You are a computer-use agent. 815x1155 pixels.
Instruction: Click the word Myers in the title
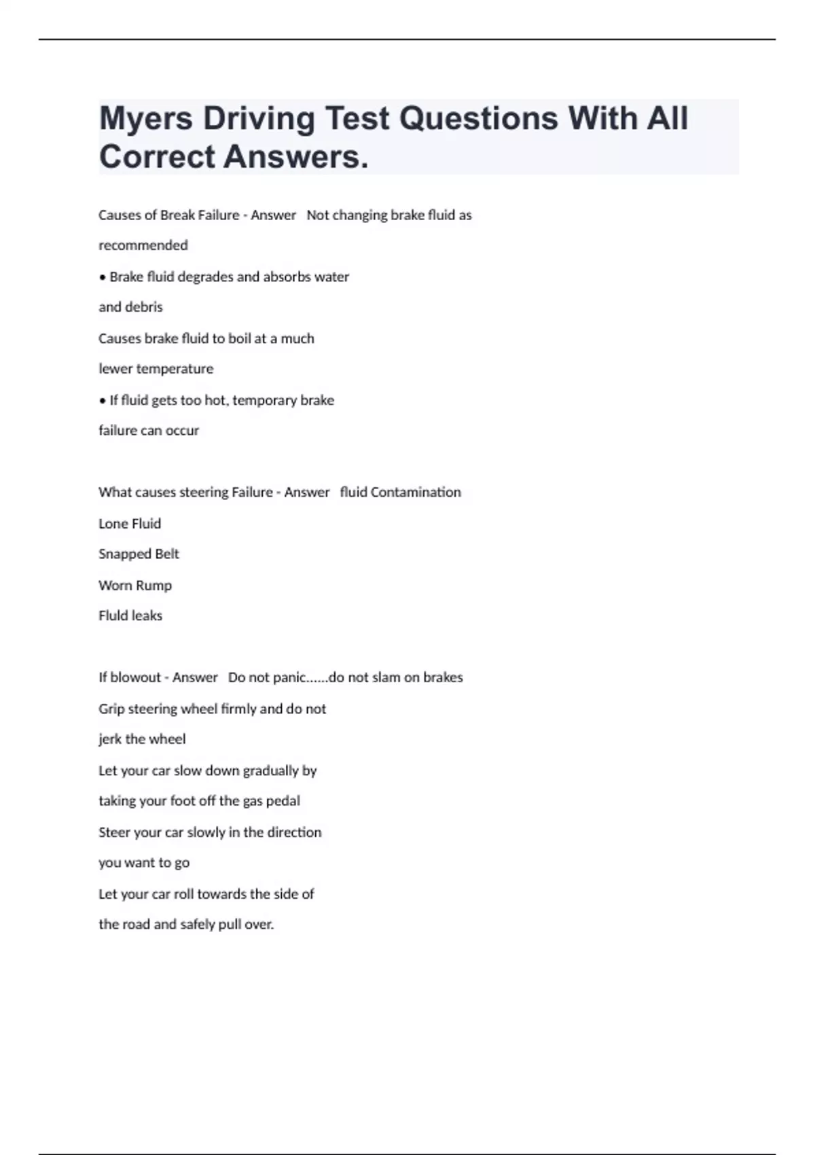point(145,119)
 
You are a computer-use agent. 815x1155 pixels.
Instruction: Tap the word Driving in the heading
point(259,119)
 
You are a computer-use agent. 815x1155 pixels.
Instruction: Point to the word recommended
point(143,245)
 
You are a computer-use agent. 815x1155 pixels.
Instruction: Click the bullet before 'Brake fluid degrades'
point(103,277)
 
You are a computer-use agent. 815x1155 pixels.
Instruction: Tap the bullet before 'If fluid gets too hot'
point(103,401)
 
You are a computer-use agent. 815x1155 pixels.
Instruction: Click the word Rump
point(156,586)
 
